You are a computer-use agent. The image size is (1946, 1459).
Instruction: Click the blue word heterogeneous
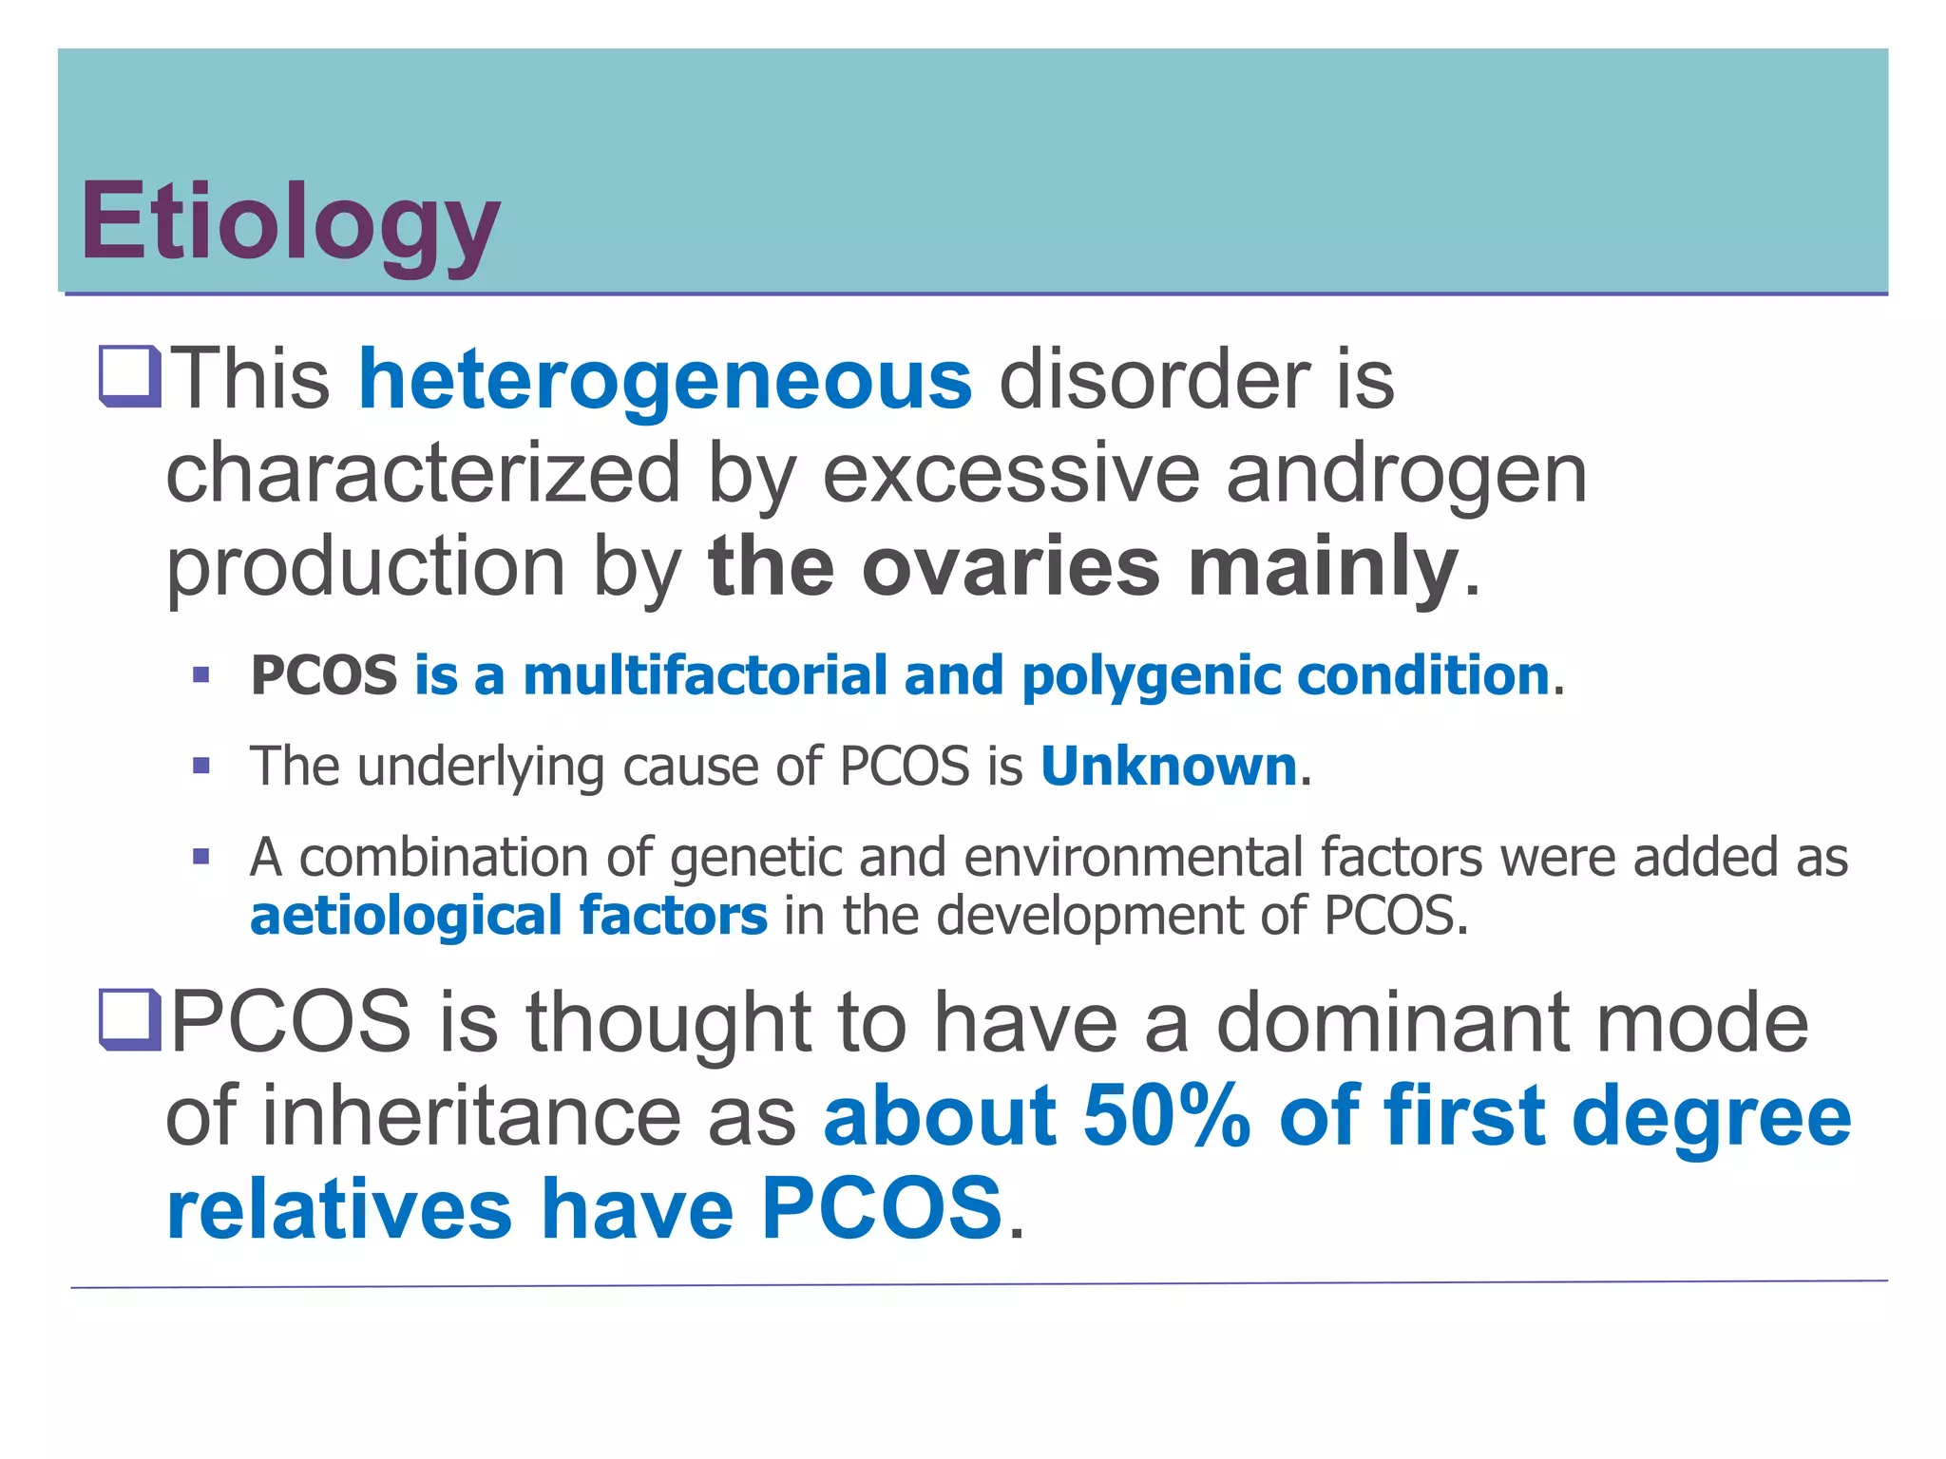click(665, 380)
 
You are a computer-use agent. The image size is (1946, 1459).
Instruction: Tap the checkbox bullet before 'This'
click(130, 378)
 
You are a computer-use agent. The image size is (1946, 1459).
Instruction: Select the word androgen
click(1406, 475)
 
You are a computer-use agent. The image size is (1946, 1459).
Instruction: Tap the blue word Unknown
click(1169, 766)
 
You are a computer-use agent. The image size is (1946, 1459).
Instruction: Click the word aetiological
click(406, 916)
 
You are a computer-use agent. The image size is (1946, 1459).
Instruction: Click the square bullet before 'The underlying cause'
click(200, 766)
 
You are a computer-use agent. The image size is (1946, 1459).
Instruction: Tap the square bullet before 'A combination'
click(200, 857)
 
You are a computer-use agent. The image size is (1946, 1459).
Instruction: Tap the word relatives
click(339, 1208)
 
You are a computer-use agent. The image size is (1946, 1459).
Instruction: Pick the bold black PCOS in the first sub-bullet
click(324, 675)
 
